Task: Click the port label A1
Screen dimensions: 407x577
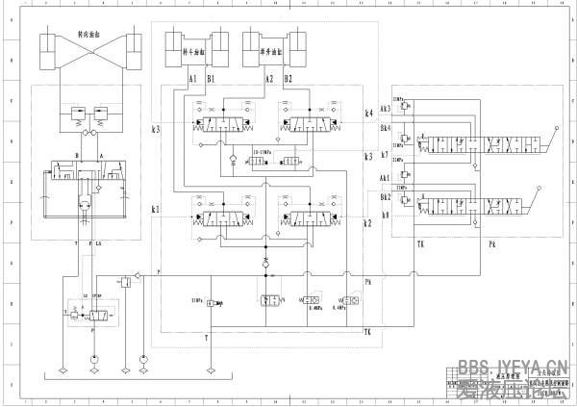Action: coord(192,77)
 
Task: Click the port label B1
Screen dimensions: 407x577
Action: coord(211,77)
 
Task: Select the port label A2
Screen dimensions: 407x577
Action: coord(269,77)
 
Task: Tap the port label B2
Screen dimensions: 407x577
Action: coord(288,77)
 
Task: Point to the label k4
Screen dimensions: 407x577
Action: coord(368,113)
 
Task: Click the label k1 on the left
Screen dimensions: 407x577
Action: coord(157,209)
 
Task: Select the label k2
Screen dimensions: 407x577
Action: coord(367,223)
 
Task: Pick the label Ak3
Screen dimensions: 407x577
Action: coord(386,109)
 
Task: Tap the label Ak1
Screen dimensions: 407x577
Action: coord(386,178)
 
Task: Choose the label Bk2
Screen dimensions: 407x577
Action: coord(386,195)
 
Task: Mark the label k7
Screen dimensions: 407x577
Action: coord(385,154)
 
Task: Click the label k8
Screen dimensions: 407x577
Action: coord(385,215)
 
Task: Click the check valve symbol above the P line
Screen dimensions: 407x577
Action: coord(266,261)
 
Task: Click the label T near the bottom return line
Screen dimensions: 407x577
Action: coord(206,338)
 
